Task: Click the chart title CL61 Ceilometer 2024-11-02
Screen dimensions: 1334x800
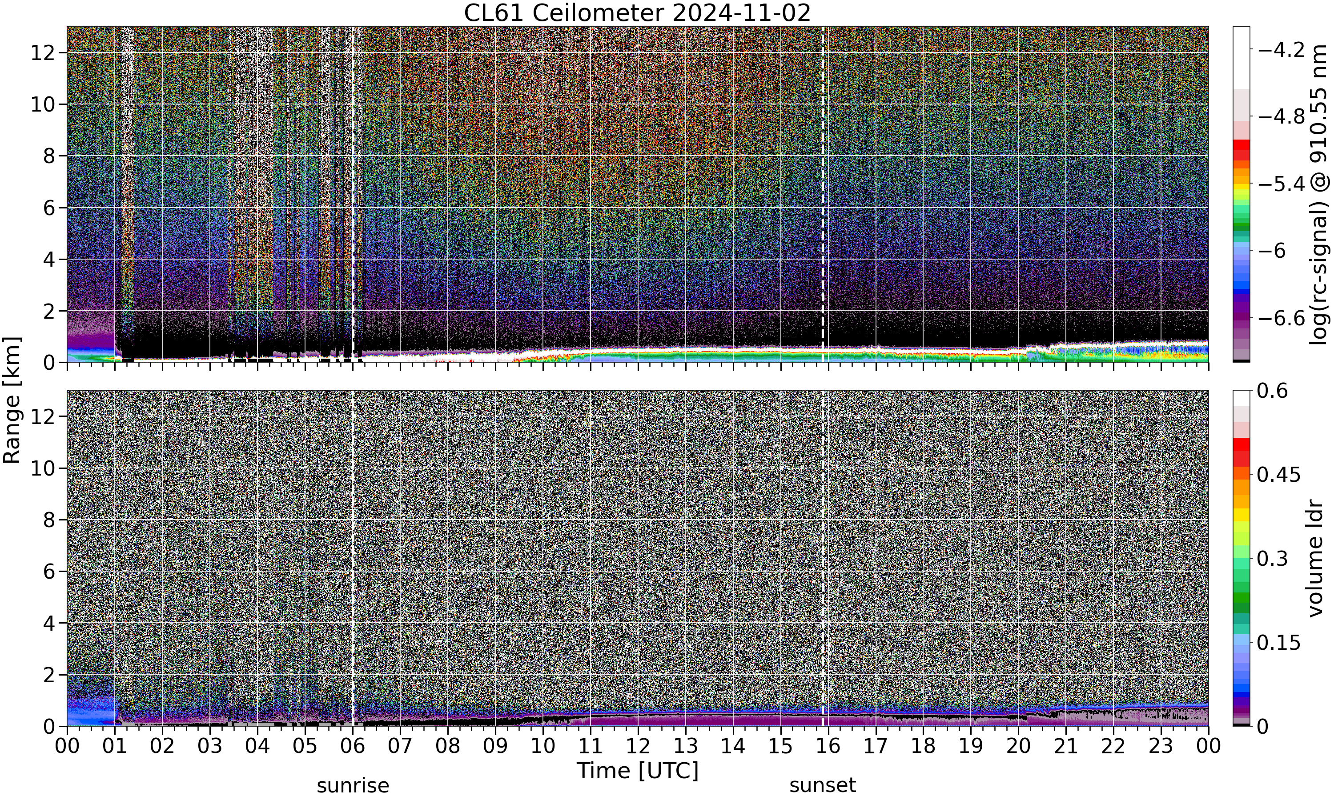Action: click(637, 13)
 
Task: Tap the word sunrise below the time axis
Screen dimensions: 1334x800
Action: click(353, 785)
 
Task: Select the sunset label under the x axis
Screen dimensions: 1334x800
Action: click(822, 785)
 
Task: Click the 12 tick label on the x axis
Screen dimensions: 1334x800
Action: click(638, 746)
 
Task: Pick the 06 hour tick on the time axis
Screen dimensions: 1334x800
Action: click(353, 746)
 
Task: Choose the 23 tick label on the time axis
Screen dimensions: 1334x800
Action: click(1161, 746)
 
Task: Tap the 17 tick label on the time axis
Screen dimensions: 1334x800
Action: click(876, 746)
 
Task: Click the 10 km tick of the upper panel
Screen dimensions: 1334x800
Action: click(43, 104)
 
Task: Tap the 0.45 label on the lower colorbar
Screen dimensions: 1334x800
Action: click(1279, 474)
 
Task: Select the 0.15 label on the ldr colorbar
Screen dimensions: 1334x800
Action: click(1279, 643)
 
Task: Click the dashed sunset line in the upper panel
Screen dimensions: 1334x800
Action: click(822, 195)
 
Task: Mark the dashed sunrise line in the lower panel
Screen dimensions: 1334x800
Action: click(353, 558)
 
